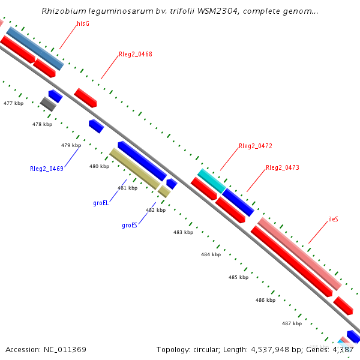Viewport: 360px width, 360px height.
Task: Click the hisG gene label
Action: tap(83, 23)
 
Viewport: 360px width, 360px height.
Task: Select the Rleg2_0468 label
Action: tap(135, 54)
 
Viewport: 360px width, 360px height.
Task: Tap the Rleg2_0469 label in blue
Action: tap(46, 169)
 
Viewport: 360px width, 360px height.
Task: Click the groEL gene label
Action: tap(101, 203)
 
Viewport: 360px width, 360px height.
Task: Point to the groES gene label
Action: tap(130, 226)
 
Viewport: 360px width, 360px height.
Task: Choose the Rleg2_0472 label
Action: tap(255, 146)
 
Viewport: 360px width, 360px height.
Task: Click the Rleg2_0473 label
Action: tap(282, 167)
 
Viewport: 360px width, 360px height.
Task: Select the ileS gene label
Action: tap(333, 219)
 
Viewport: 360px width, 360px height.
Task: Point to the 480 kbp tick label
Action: tap(99, 166)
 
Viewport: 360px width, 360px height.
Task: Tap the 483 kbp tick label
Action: tap(183, 232)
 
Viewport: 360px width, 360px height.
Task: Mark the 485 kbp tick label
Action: tap(238, 277)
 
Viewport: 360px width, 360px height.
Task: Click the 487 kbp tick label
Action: tap(292, 323)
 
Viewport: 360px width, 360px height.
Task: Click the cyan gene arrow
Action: tap(211, 181)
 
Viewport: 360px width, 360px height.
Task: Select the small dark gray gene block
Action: tap(48, 104)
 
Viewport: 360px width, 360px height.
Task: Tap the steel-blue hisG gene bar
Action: tap(35, 48)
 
